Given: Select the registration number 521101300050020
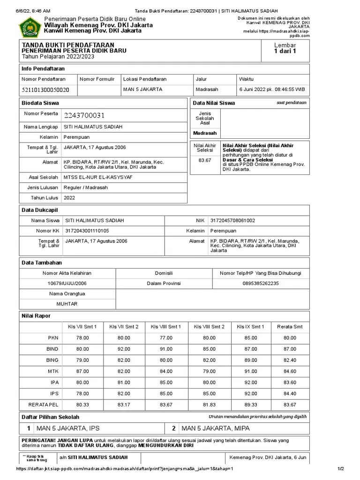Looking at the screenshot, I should coord(45,89).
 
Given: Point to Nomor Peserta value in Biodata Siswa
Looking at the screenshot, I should coord(84,115).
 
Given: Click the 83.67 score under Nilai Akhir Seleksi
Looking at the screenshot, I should coord(205,160).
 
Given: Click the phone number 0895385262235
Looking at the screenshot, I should coord(261,283).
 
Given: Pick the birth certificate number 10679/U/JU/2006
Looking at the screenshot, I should coord(67,283).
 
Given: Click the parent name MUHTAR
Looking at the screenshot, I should coord(67,304).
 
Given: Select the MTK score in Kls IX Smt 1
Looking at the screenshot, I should coord(251,372).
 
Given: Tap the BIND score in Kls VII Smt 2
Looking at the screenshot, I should coord(124,349).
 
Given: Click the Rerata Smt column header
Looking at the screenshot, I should coord(290,326).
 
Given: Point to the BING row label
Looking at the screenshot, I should coord(52,360).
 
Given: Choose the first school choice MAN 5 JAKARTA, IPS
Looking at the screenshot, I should coord(68,428).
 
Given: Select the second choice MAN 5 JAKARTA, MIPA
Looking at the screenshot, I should coord(216,428).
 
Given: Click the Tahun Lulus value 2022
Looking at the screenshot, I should coord(69,198).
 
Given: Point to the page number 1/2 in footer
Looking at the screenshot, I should coord(341,469).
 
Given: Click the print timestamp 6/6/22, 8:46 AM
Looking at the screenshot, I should coord(33,10).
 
